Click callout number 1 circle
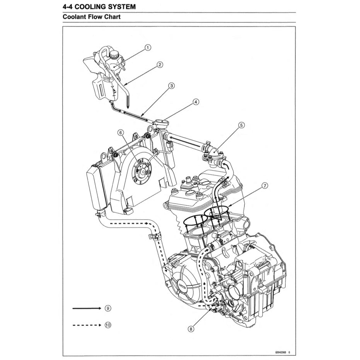147,48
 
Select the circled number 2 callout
159,65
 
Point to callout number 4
196,102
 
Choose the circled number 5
241,125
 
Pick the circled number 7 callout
264,186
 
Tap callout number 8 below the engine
190,329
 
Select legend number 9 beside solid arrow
108,308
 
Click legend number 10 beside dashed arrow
108,325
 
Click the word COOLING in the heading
93,7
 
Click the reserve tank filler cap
115,55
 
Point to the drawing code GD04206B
281,353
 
